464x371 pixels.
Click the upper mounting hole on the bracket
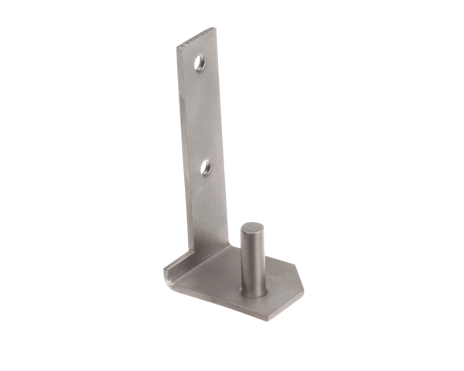[200, 62]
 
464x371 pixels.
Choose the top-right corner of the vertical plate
[214, 29]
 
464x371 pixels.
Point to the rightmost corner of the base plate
[303, 293]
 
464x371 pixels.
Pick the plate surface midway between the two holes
[203, 114]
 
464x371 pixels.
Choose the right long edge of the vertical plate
[222, 139]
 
